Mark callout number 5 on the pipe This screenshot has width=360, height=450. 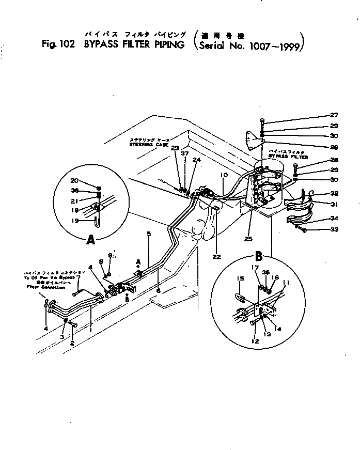click(149, 234)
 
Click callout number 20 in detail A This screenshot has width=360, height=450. click(75, 181)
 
